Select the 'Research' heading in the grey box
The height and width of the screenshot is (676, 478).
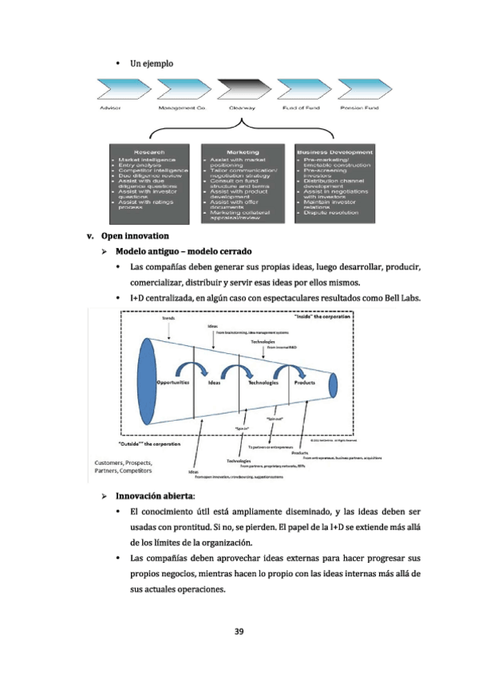pyautogui.click(x=149, y=151)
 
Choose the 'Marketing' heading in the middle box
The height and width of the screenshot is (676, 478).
pyautogui.click(x=243, y=151)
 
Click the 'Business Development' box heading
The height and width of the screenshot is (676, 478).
pyautogui.click(x=334, y=151)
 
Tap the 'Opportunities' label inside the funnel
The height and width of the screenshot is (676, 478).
pyautogui.click(x=172, y=383)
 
